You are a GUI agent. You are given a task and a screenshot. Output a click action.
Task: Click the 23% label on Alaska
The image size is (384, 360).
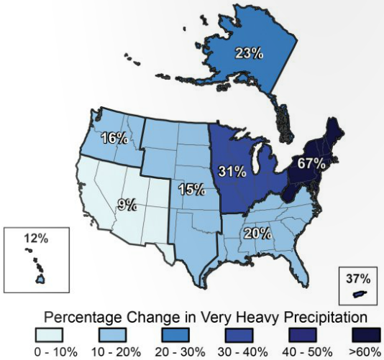click(248, 52)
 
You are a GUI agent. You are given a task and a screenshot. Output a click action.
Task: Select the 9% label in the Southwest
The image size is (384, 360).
click(127, 205)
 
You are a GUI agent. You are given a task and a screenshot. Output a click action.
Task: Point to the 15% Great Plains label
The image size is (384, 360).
click(190, 190)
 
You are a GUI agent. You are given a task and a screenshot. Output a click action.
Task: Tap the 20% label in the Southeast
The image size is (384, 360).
click(257, 233)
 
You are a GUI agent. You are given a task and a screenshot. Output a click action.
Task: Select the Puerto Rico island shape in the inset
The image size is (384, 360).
click(357, 295)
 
